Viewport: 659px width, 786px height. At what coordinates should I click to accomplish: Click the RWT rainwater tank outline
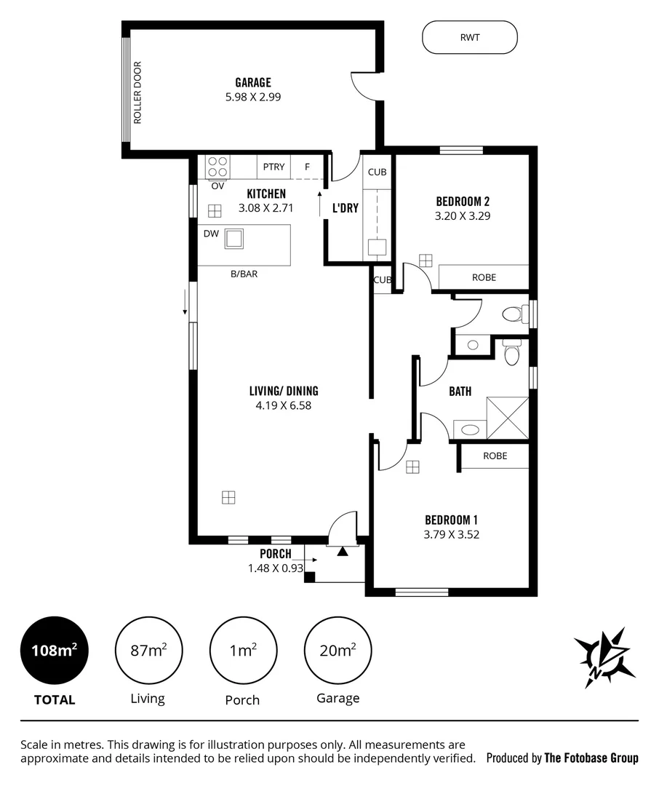tap(470, 36)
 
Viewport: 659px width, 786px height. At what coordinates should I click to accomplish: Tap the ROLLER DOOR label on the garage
tap(137, 92)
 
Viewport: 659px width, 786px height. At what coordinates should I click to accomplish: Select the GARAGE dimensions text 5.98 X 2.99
tap(252, 95)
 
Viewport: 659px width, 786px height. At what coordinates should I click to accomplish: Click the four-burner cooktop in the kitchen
tap(217, 167)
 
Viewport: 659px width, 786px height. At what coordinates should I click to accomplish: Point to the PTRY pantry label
tap(273, 167)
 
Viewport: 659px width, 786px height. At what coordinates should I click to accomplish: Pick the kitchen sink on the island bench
tap(234, 238)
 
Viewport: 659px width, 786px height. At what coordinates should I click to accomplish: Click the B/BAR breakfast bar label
tap(244, 274)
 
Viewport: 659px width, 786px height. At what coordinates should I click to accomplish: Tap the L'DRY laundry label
tap(346, 207)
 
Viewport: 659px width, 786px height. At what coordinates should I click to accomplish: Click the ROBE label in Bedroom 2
tap(484, 277)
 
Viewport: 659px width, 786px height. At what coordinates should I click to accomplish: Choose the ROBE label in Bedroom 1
tap(495, 456)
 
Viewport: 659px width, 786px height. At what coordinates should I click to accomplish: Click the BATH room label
tap(460, 391)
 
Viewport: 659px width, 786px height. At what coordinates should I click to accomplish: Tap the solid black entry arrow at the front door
tap(342, 552)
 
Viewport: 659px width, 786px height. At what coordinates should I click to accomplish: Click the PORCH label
tap(275, 554)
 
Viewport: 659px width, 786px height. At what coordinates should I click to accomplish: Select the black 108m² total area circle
tap(55, 650)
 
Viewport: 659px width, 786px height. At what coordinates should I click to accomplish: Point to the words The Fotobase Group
tap(591, 758)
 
